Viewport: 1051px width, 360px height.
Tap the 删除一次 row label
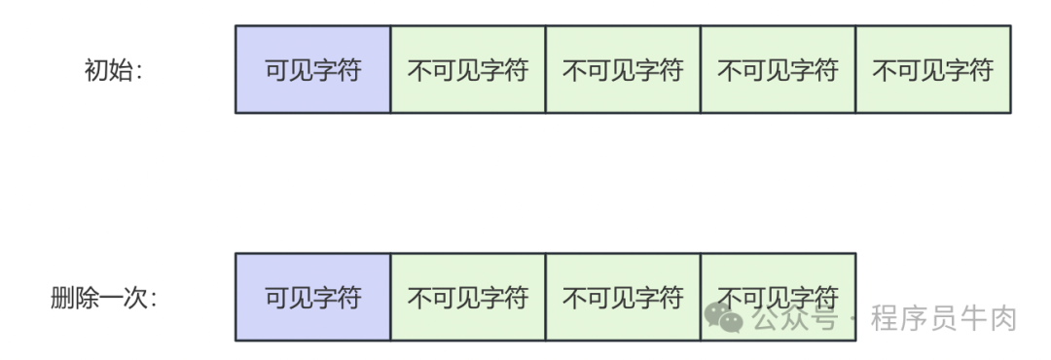coord(102,298)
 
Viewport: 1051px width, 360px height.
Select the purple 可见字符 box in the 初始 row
coord(312,70)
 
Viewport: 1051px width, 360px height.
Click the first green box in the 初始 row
coord(467,70)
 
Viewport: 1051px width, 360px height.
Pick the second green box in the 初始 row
coord(623,70)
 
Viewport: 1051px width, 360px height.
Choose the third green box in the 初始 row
coord(778,70)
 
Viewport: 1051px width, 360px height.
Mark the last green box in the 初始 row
coord(932,70)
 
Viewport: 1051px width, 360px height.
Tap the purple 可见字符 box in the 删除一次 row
coord(312,298)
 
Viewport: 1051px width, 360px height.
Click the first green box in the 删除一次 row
coord(467,298)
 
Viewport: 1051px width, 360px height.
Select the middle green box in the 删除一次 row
coord(623,298)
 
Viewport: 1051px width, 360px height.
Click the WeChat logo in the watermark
coord(724,317)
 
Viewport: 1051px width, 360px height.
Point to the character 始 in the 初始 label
coord(121,70)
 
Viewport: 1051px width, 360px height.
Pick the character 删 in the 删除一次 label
coord(62,298)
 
